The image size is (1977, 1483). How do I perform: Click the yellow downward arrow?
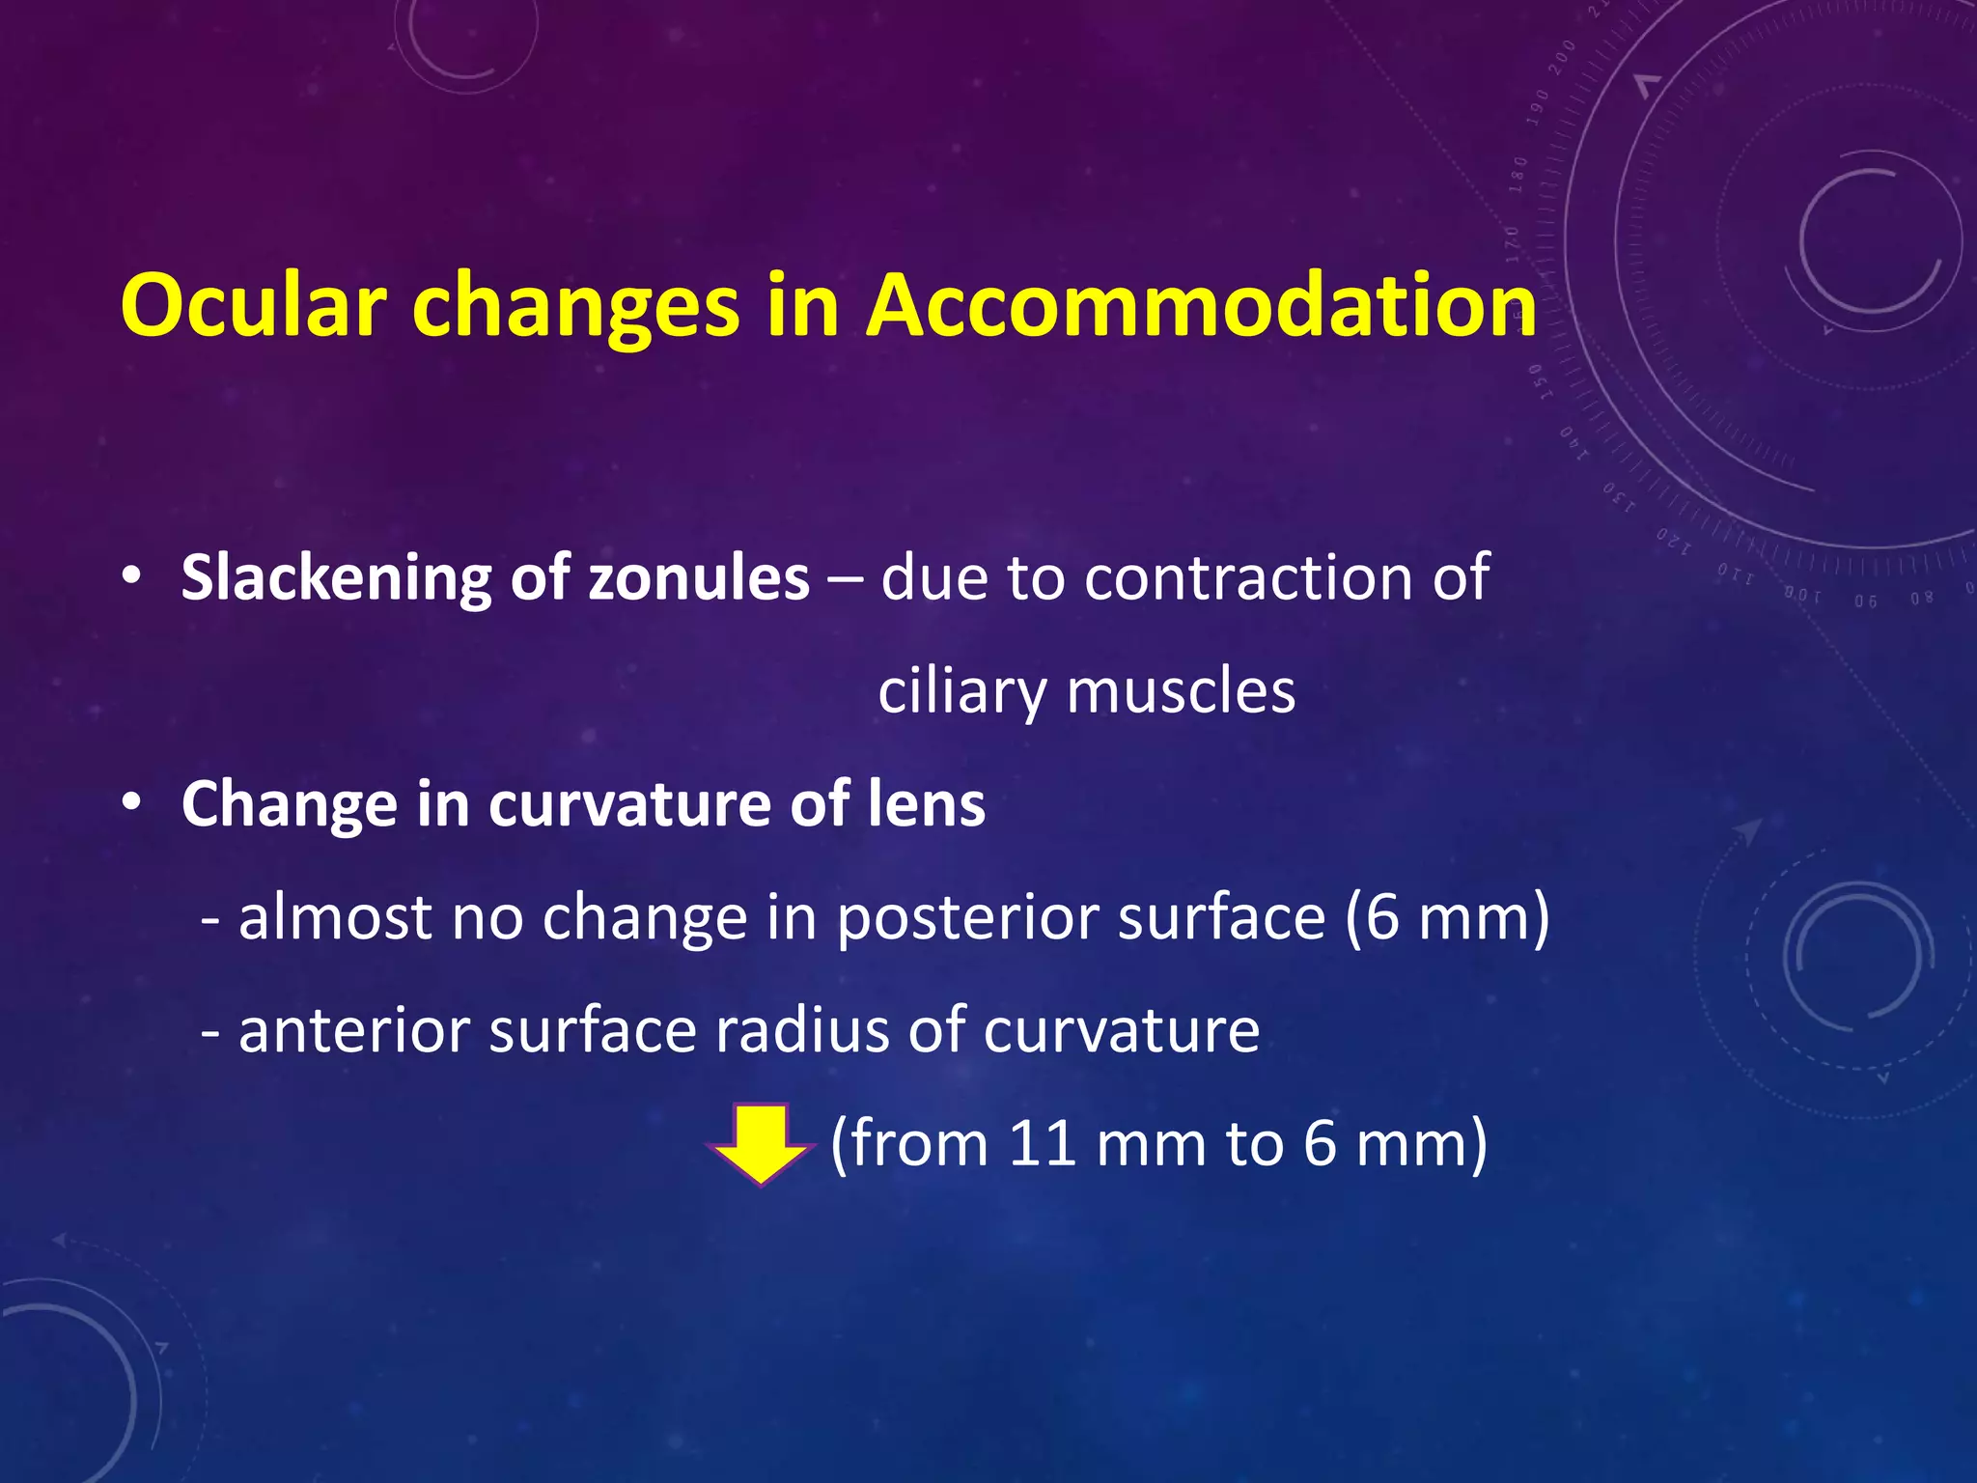[x=761, y=1144]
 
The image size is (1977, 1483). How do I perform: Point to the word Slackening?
[x=334, y=578]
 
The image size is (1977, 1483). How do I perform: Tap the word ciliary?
[x=961, y=692]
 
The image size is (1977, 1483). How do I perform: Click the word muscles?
[x=1181, y=691]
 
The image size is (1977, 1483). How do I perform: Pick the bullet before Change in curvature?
[x=132, y=803]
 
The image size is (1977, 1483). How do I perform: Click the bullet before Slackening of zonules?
[x=132, y=577]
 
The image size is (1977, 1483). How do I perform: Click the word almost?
[x=334, y=917]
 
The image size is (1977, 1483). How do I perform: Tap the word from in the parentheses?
[x=918, y=1143]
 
